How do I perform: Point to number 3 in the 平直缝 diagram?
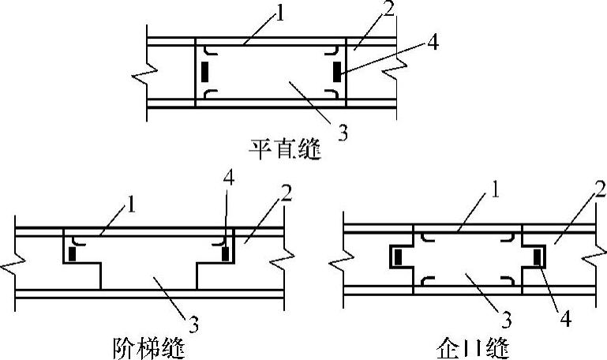(x=342, y=132)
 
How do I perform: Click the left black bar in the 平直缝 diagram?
(x=205, y=72)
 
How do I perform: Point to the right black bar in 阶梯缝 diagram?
(x=225, y=253)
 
